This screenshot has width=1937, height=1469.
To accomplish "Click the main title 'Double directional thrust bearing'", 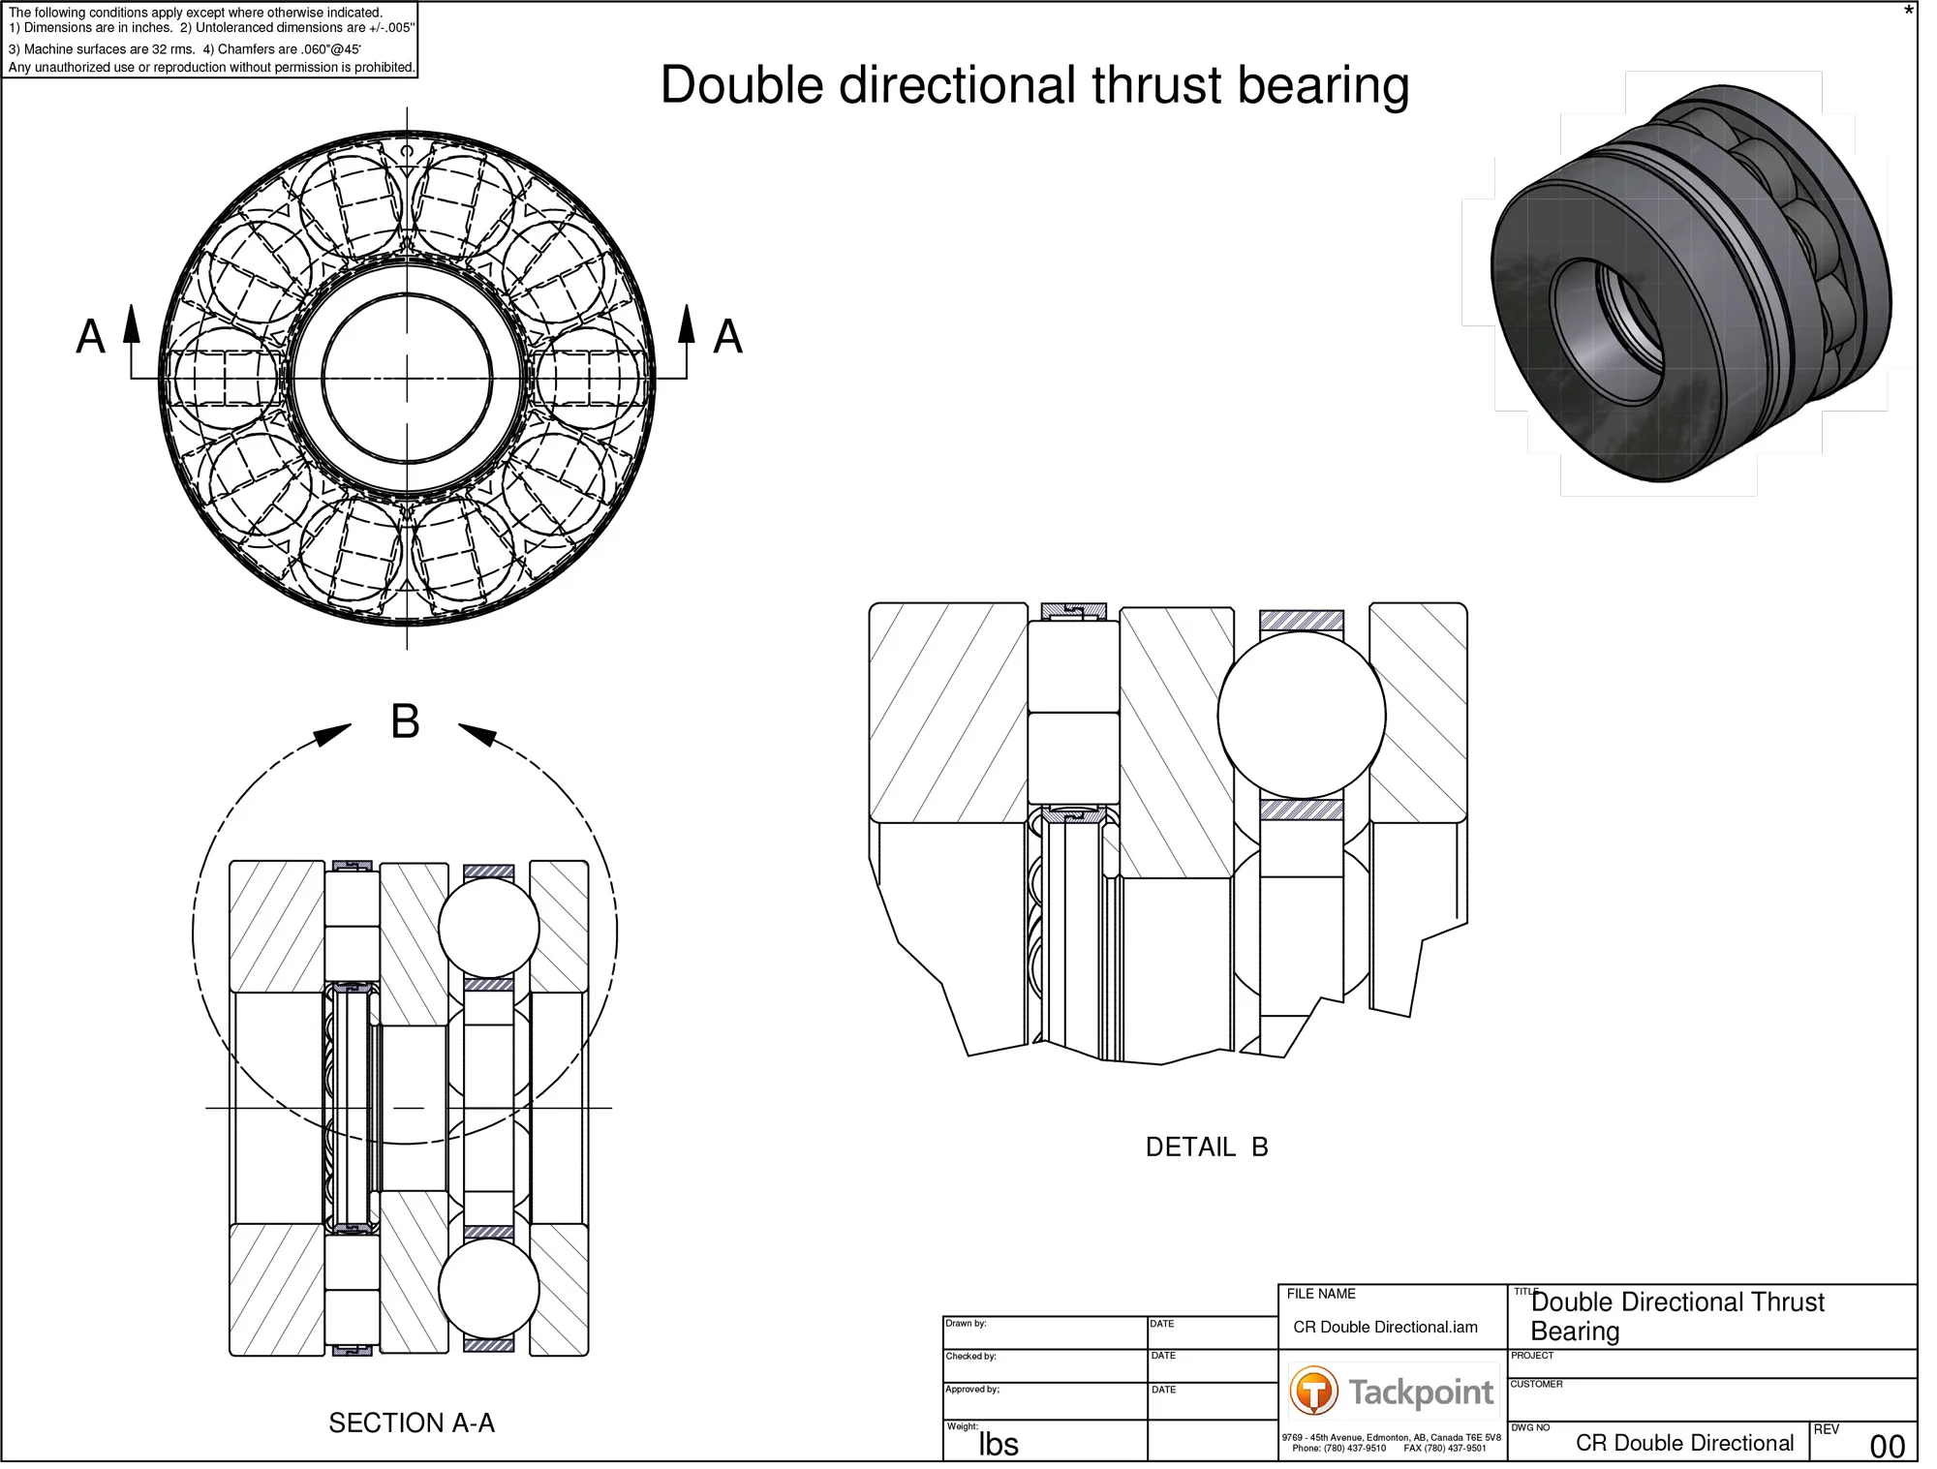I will coord(1033,85).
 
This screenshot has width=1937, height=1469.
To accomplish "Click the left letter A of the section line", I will coord(90,337).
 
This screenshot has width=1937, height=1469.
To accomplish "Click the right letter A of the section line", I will coord(727,337).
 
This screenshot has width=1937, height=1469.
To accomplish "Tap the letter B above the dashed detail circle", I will coord(405,722).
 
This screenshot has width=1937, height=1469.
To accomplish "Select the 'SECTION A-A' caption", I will coord(412,1423).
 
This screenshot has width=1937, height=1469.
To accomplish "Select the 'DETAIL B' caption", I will coord(1206,1148).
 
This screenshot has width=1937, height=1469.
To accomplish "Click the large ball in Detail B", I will coord(1301,716).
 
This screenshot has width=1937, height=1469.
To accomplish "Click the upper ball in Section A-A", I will coord(488,928).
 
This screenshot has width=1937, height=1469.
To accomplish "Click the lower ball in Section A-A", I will coord(488,1288).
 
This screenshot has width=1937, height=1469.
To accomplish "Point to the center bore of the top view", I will coord(407,379).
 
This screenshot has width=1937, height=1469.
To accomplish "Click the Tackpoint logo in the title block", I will coord(1392,1392).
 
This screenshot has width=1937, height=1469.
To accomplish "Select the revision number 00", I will coord(1887,1447).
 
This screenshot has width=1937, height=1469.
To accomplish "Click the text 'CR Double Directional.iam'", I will coord(1385,1328).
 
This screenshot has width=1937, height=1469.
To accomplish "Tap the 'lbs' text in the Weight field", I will coord(998,1444).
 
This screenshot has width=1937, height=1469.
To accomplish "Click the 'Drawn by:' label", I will coord(966,1324).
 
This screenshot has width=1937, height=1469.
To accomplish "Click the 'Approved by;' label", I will coord(972,1389).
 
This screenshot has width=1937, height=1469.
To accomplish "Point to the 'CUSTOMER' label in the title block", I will coord(1536,1384).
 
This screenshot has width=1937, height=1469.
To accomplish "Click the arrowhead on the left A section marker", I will coord(132,323).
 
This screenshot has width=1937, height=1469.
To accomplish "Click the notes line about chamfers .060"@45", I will coord(281,49).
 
